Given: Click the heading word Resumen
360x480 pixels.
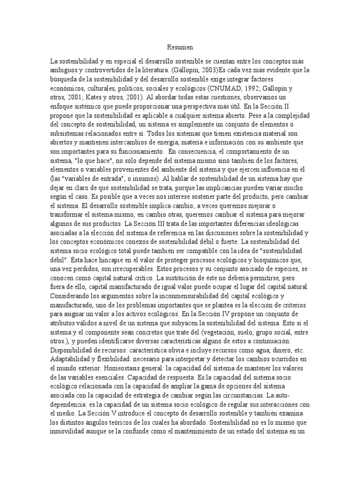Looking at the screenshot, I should pyautogui.click(x=180, y=47).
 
